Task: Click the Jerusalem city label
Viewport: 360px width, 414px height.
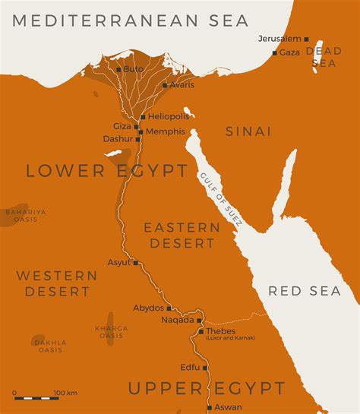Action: point(279,38)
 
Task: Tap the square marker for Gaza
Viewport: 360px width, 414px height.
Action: point(274,53)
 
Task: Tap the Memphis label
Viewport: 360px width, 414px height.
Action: point(165,131)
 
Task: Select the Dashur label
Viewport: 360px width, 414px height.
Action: point(118,139)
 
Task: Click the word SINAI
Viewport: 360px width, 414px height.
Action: point(248,131)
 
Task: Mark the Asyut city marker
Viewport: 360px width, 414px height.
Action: point(136,263)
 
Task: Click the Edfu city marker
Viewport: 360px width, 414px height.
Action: point(204,368)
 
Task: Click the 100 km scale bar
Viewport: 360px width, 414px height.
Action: point(36,398)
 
